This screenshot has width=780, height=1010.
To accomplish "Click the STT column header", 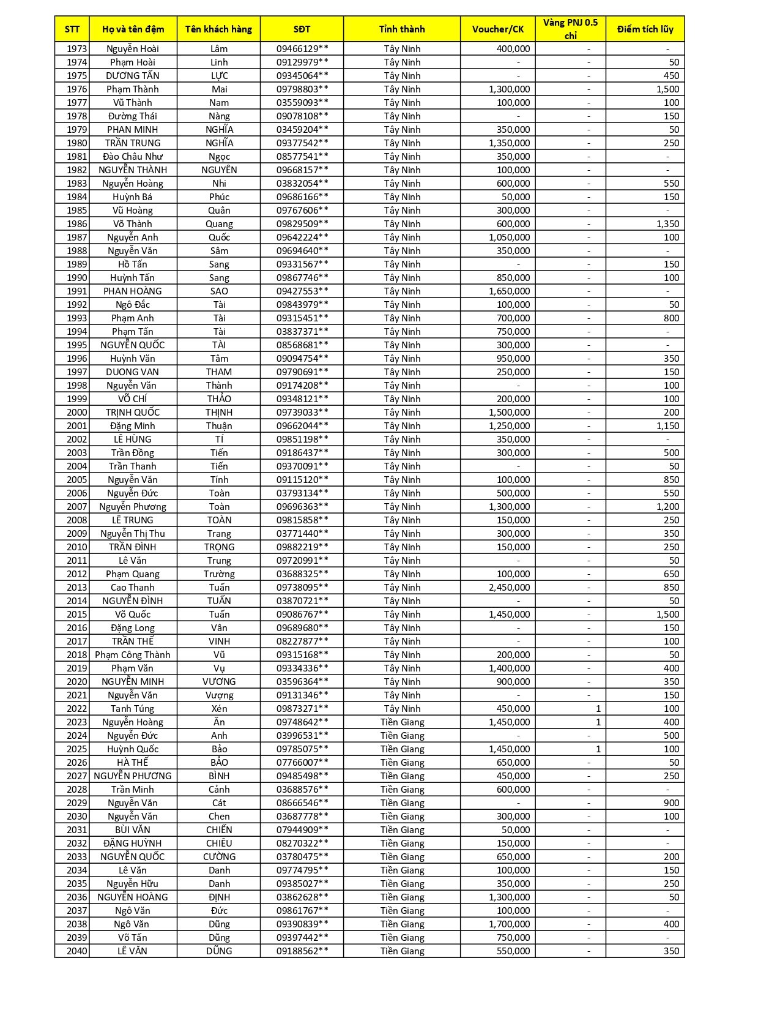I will click(72, 29).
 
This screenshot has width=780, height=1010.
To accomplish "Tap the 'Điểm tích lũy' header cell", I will click(645, 29).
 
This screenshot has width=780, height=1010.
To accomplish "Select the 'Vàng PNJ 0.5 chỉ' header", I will click(570, 29).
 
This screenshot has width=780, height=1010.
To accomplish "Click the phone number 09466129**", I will click(302, 49).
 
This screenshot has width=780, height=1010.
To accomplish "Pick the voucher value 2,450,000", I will click(509, 588).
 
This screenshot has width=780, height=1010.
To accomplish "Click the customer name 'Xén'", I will click(219, 709).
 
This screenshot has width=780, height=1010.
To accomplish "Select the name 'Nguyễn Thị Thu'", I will click(133, 534).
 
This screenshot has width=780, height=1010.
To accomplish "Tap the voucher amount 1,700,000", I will click(509, 924).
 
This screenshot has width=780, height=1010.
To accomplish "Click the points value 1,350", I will click(667, 224).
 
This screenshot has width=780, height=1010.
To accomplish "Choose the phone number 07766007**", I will click(302, 763).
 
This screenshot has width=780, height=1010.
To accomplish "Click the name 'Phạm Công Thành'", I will click(133, 655).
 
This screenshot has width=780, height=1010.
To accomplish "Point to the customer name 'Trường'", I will click(219, 574).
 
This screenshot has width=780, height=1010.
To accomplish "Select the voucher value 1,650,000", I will click(509, 291).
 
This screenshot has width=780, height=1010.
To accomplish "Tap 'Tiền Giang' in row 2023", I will click(402, 722).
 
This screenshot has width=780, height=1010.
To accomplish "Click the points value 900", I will click(671, 803).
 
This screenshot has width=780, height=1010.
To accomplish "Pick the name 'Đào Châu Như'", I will click(133, 157).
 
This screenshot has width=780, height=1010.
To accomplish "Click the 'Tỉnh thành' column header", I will click(402, 29).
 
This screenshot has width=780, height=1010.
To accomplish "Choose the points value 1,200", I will click(667, 507).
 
